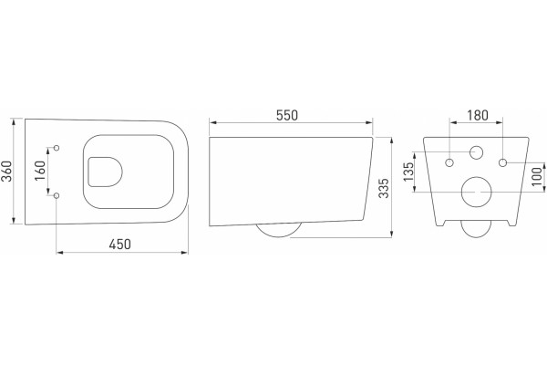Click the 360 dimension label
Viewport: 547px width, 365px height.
tap(7, 172)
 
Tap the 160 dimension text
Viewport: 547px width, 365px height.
tap(41, 171)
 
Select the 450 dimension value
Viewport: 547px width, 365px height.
tap(120, 245)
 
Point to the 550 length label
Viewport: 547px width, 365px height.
tap(287, 115)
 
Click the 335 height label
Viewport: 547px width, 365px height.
tap(384, 188)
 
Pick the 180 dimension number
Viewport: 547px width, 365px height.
tap(478, 115)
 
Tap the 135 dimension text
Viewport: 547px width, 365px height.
tap(408, 172)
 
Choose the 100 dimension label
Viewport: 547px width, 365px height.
tap(538, 176)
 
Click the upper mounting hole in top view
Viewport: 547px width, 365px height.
tap(57, 148)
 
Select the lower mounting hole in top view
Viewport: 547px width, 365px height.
tap(57, 195)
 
